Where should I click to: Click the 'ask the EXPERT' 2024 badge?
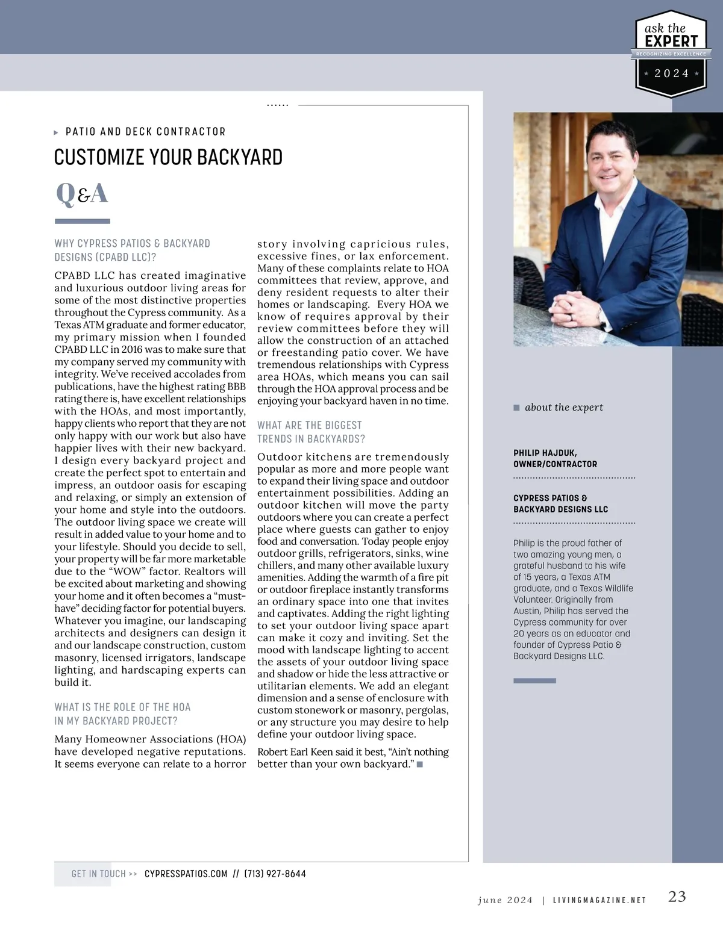tap(671, 54)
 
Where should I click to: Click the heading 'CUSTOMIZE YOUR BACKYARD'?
tap(168, 158)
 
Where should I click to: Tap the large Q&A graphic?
tap(82, 194)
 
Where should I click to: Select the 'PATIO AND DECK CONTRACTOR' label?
tap(145, 132)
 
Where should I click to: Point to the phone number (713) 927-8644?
tap(275, 874)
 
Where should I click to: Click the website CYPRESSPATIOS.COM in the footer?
tap(186, 874)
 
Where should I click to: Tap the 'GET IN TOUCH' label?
tap(99, 874)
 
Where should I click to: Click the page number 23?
tap(677, 896)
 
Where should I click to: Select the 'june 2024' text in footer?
tap(505, 900)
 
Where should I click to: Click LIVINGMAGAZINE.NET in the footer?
tap(599, 900)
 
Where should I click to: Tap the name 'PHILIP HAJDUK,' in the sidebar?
tap(545, 453)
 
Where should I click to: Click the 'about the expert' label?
tap(563, 408)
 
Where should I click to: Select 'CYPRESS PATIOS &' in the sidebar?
tap(550, 498)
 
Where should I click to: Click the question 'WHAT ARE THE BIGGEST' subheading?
tap(309, 426)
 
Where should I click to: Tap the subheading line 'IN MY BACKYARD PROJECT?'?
tap(116, 721)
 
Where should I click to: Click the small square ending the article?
tap(420, 764)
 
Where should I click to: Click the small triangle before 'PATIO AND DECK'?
tap(56, 132)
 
